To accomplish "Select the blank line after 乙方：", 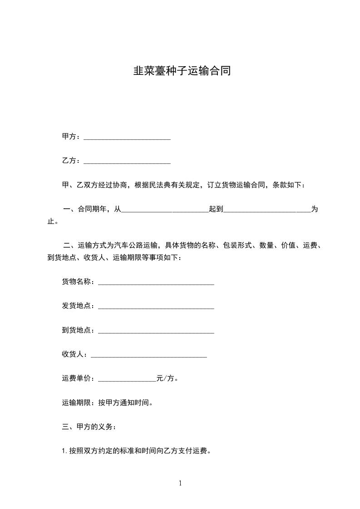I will point(127,162).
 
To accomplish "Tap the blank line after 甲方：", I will point(127,137).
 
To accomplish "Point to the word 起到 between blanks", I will point(216,210).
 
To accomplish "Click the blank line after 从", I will point(165,210).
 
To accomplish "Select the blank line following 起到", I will point(267,210).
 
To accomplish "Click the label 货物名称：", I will point(79,282).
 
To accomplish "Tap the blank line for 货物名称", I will point(156,283).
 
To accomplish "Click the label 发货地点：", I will point(79,306).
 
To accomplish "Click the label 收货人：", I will point(76,354).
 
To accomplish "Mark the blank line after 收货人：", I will point(149,356).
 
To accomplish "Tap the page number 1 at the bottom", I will point(180,483).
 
